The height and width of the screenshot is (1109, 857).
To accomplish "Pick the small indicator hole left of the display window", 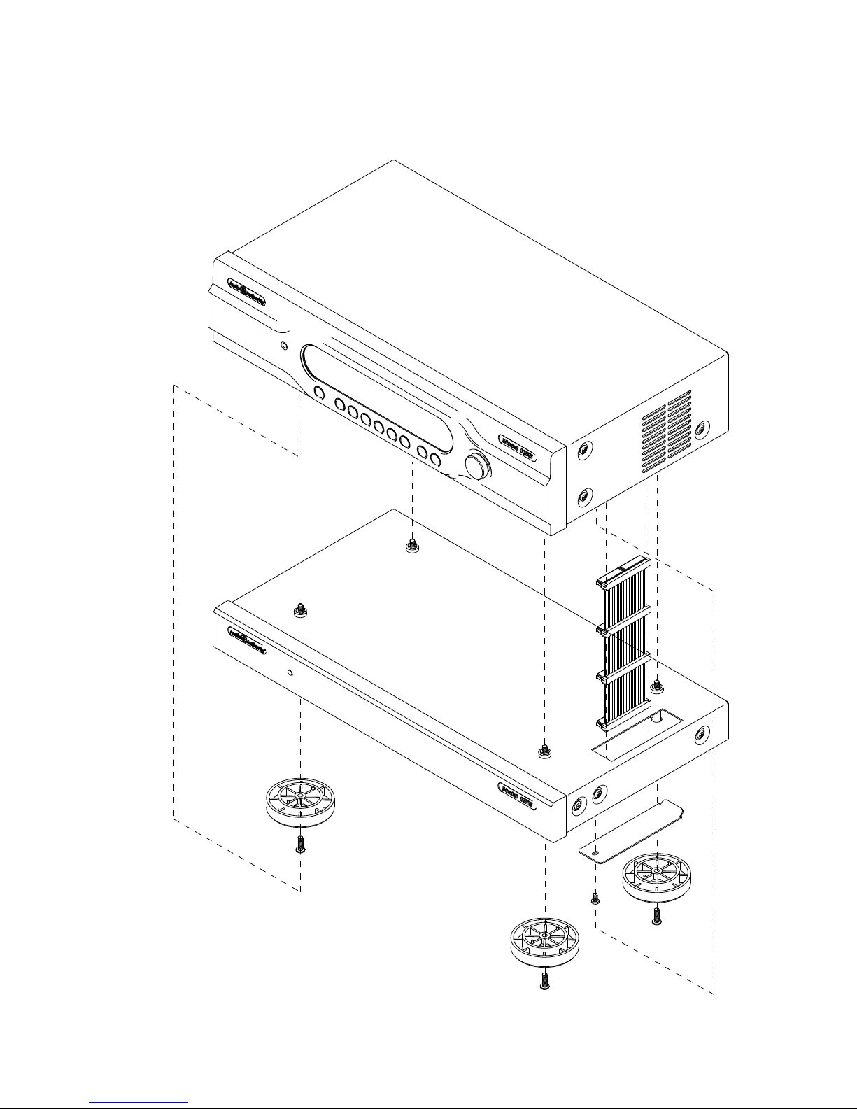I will [283, 346].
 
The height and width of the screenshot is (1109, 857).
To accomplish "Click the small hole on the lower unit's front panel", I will [290, 674].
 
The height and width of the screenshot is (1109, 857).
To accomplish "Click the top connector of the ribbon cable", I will [623, 570].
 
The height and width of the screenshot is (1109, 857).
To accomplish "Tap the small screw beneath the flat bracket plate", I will [595, 897].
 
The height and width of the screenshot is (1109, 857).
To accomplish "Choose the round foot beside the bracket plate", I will [656, 878].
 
